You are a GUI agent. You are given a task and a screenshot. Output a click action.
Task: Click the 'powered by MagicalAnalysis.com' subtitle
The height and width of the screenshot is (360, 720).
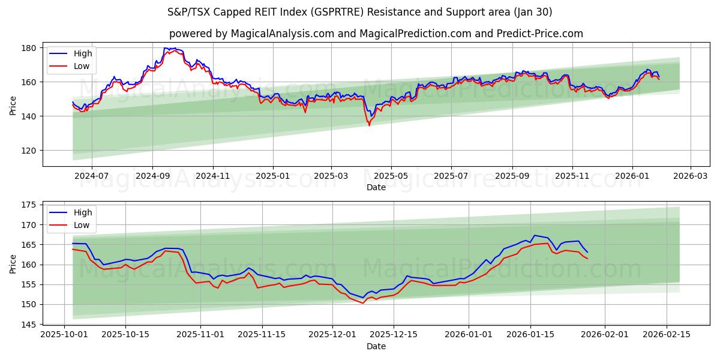[376, 34]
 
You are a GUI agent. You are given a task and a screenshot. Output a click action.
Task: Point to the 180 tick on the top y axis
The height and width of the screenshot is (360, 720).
[31, 48]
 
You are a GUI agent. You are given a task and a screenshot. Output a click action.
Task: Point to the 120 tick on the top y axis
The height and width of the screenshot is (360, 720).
[31, 151]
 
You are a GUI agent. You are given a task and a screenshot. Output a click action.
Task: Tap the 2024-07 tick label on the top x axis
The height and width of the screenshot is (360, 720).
[91, 176]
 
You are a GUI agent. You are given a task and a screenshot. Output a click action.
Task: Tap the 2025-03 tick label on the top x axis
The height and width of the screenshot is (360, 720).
[331, 176]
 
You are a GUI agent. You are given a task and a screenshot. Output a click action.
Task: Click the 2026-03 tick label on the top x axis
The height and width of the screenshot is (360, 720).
[690, 176]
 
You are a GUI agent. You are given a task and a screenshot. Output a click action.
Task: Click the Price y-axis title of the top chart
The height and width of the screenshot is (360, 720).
[13, 104]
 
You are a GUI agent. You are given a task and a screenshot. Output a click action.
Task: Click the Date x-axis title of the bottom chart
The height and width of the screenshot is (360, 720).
[376, 346]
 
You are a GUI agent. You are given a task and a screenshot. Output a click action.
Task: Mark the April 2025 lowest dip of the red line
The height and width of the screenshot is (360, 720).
[369, 125]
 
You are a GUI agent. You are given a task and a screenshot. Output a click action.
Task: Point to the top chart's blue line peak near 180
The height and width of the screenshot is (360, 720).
[166, 48]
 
